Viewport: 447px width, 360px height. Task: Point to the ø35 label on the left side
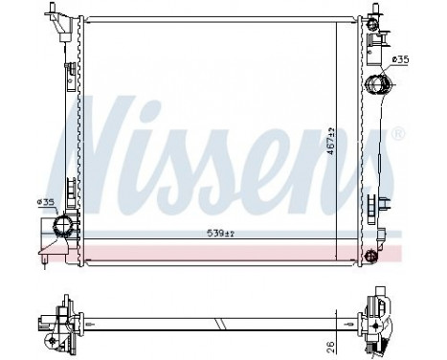point(45,202)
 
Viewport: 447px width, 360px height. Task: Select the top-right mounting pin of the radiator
point(369,17)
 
